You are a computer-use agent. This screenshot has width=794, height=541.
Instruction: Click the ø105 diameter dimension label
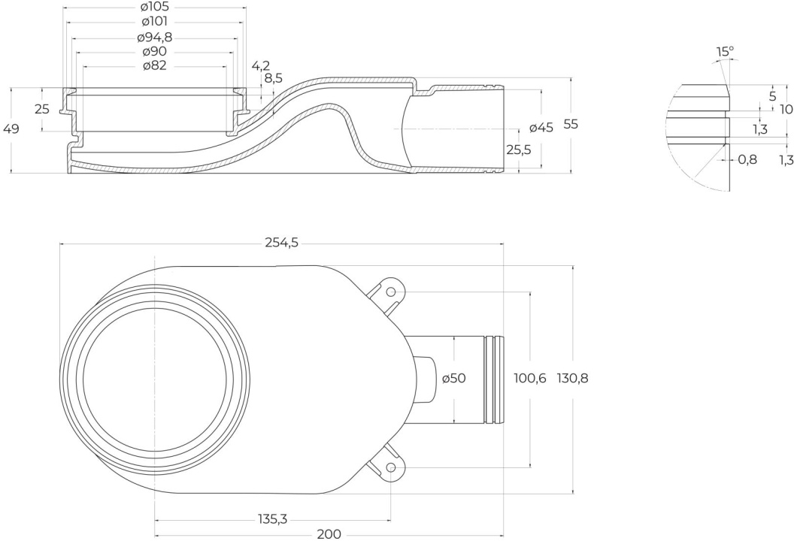(155, 7)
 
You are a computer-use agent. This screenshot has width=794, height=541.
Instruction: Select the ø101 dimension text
(155, 22)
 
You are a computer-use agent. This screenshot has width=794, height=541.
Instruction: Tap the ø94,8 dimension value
(155, 38)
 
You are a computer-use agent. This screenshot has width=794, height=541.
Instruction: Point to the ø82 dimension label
(155, 66)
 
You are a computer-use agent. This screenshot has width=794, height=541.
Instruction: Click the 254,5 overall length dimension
(282, 243)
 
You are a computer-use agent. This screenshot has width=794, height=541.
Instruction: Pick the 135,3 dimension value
(272, 518)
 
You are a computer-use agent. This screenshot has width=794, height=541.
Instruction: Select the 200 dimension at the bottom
(329, 534)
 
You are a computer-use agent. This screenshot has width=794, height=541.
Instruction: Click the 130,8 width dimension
(573, 378)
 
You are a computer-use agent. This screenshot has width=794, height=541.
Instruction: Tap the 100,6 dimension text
(530, 378)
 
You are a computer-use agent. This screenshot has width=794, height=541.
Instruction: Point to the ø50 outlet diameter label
(453, 378)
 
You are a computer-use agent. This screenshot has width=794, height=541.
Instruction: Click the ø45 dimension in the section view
(541, 128)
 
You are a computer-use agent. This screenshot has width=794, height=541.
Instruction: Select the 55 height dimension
(571, 125)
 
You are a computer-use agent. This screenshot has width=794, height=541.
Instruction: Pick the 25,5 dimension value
(519, 150)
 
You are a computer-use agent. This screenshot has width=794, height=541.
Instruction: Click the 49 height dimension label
(11, 129)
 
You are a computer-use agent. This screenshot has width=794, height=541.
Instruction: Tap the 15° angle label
(725, 52)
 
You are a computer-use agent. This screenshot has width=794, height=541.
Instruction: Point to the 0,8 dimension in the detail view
(747, 160)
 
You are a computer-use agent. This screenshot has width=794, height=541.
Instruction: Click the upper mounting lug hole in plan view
(390, 292)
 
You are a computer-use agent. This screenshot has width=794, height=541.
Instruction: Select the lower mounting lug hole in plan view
(390, 467)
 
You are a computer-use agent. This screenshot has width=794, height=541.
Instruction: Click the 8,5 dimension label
(274, 78)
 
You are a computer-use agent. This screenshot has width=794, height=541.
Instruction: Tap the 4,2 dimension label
(261, 66)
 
